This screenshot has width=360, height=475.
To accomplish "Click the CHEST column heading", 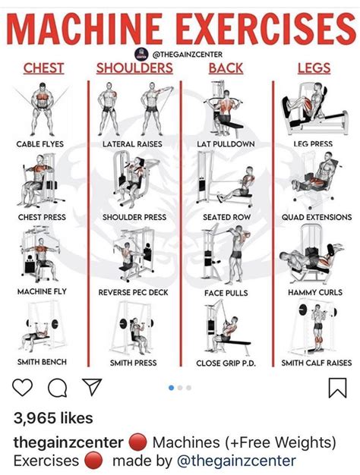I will (x=43, y=68).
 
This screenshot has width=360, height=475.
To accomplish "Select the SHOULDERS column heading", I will (x=134, y=68).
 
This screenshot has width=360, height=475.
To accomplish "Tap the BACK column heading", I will (x=226, y=68).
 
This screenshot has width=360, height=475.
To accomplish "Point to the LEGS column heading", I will (x=314, y=68).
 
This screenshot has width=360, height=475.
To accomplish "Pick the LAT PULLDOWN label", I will (x=226, y=143).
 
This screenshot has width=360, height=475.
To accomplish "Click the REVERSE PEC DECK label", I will (x=134, y=291).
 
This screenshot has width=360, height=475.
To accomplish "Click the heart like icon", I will (x=23, y=388).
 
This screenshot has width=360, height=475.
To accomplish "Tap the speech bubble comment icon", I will (x=57, y=388).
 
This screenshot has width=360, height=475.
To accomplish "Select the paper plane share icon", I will (x=91, y=388).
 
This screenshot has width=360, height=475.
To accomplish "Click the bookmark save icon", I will (x=336, y=388).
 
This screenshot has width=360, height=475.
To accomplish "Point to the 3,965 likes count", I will (x=52, y=418).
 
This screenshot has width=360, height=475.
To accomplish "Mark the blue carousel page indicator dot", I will (x=171, y=388).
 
